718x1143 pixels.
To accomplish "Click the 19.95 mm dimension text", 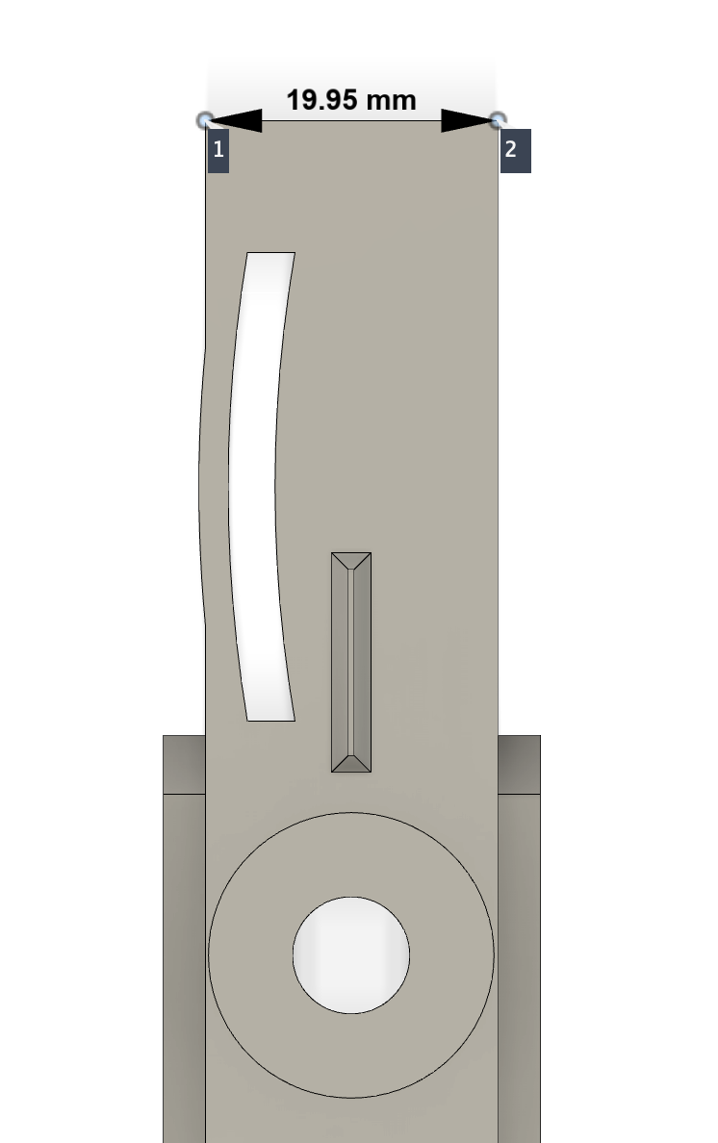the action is pos(350,100).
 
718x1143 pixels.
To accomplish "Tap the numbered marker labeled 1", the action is pos(218,151).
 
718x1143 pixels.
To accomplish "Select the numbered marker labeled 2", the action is pos(515,151).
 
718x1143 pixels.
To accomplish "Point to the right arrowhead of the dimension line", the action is pos(468,121).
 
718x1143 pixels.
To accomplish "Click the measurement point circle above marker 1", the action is pos(205,120).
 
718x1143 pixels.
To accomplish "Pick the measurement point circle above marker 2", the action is pos(498,120).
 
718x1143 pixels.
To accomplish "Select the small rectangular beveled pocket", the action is pos(351,662).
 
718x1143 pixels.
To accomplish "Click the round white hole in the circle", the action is pos(351,955).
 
